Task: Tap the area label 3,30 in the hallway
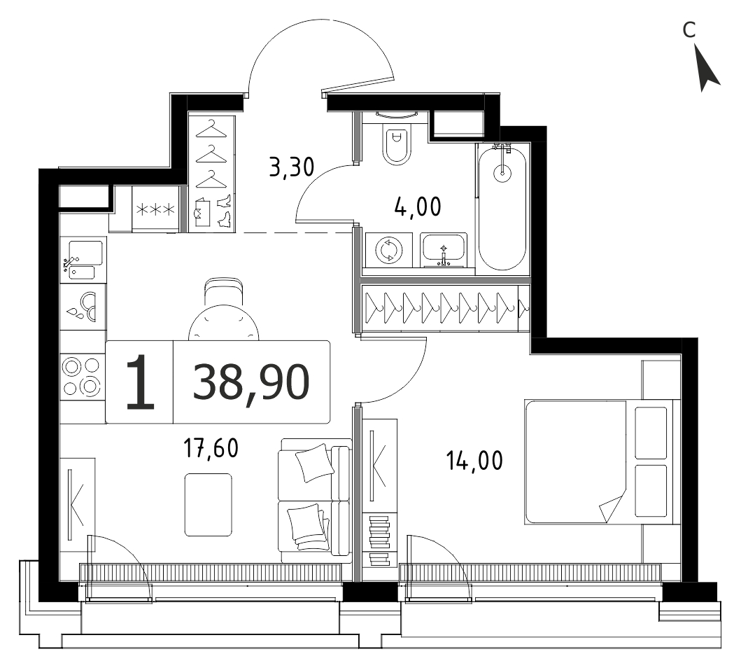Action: coord(292,167)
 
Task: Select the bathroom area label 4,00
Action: coord(418,207)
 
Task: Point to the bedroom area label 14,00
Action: coord(474,461)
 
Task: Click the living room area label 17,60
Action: coord(211,448)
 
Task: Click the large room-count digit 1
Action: coord(141,382)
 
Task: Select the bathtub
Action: coord(502,209)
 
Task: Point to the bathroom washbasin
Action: coord(444,250)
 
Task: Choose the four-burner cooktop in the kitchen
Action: coord(83,376)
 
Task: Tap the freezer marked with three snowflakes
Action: coord(155,209)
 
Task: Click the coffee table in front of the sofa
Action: coord(208,505)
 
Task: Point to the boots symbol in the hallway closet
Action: coord(224,210)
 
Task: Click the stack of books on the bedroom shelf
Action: coord(380,541)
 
